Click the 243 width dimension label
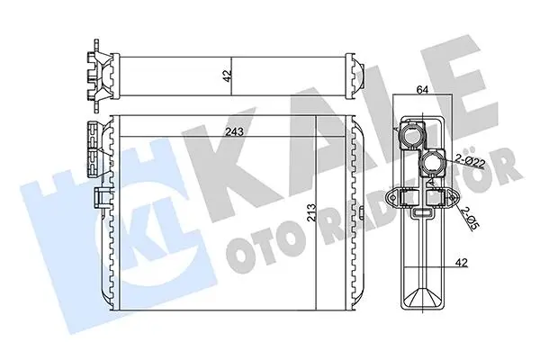coord(234,131)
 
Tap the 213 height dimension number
coord(310,214)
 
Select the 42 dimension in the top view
coord(227,75)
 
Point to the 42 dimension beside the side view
coord(462,263)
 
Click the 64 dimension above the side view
coord(422,90)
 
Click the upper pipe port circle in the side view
coord(412,135)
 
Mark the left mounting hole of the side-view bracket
coord(392,198)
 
